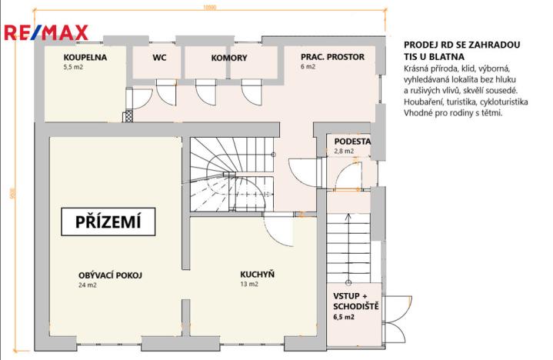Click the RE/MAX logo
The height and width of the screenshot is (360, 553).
click(x=47, y=32)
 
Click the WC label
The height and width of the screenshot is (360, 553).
click(x=159, y=57)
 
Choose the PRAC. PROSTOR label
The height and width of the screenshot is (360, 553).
click(x=333, y=57)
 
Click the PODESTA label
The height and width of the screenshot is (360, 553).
click(x=353, y=142)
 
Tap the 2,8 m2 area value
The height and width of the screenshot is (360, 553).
click(x=344, y=152)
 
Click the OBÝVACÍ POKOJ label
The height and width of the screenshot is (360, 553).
click(x=111, y=275)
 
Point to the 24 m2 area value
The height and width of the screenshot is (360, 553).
click(x=86, y=285)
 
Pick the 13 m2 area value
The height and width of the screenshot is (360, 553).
click(x=248, y=285)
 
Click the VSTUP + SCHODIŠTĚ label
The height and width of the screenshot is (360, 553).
click(x=355, y=302)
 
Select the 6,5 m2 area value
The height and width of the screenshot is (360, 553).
click(x=343, y=316)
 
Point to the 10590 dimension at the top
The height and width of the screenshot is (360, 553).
click(x=201, y=8)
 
